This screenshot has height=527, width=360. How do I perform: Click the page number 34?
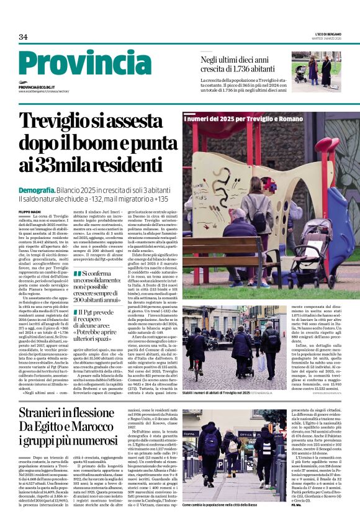coord(23,37)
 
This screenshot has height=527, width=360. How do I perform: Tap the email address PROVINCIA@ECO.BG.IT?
coord(37,88)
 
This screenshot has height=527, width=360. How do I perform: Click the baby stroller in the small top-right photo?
coord(314,78)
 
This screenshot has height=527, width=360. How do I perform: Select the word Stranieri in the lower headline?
coord(46,413)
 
